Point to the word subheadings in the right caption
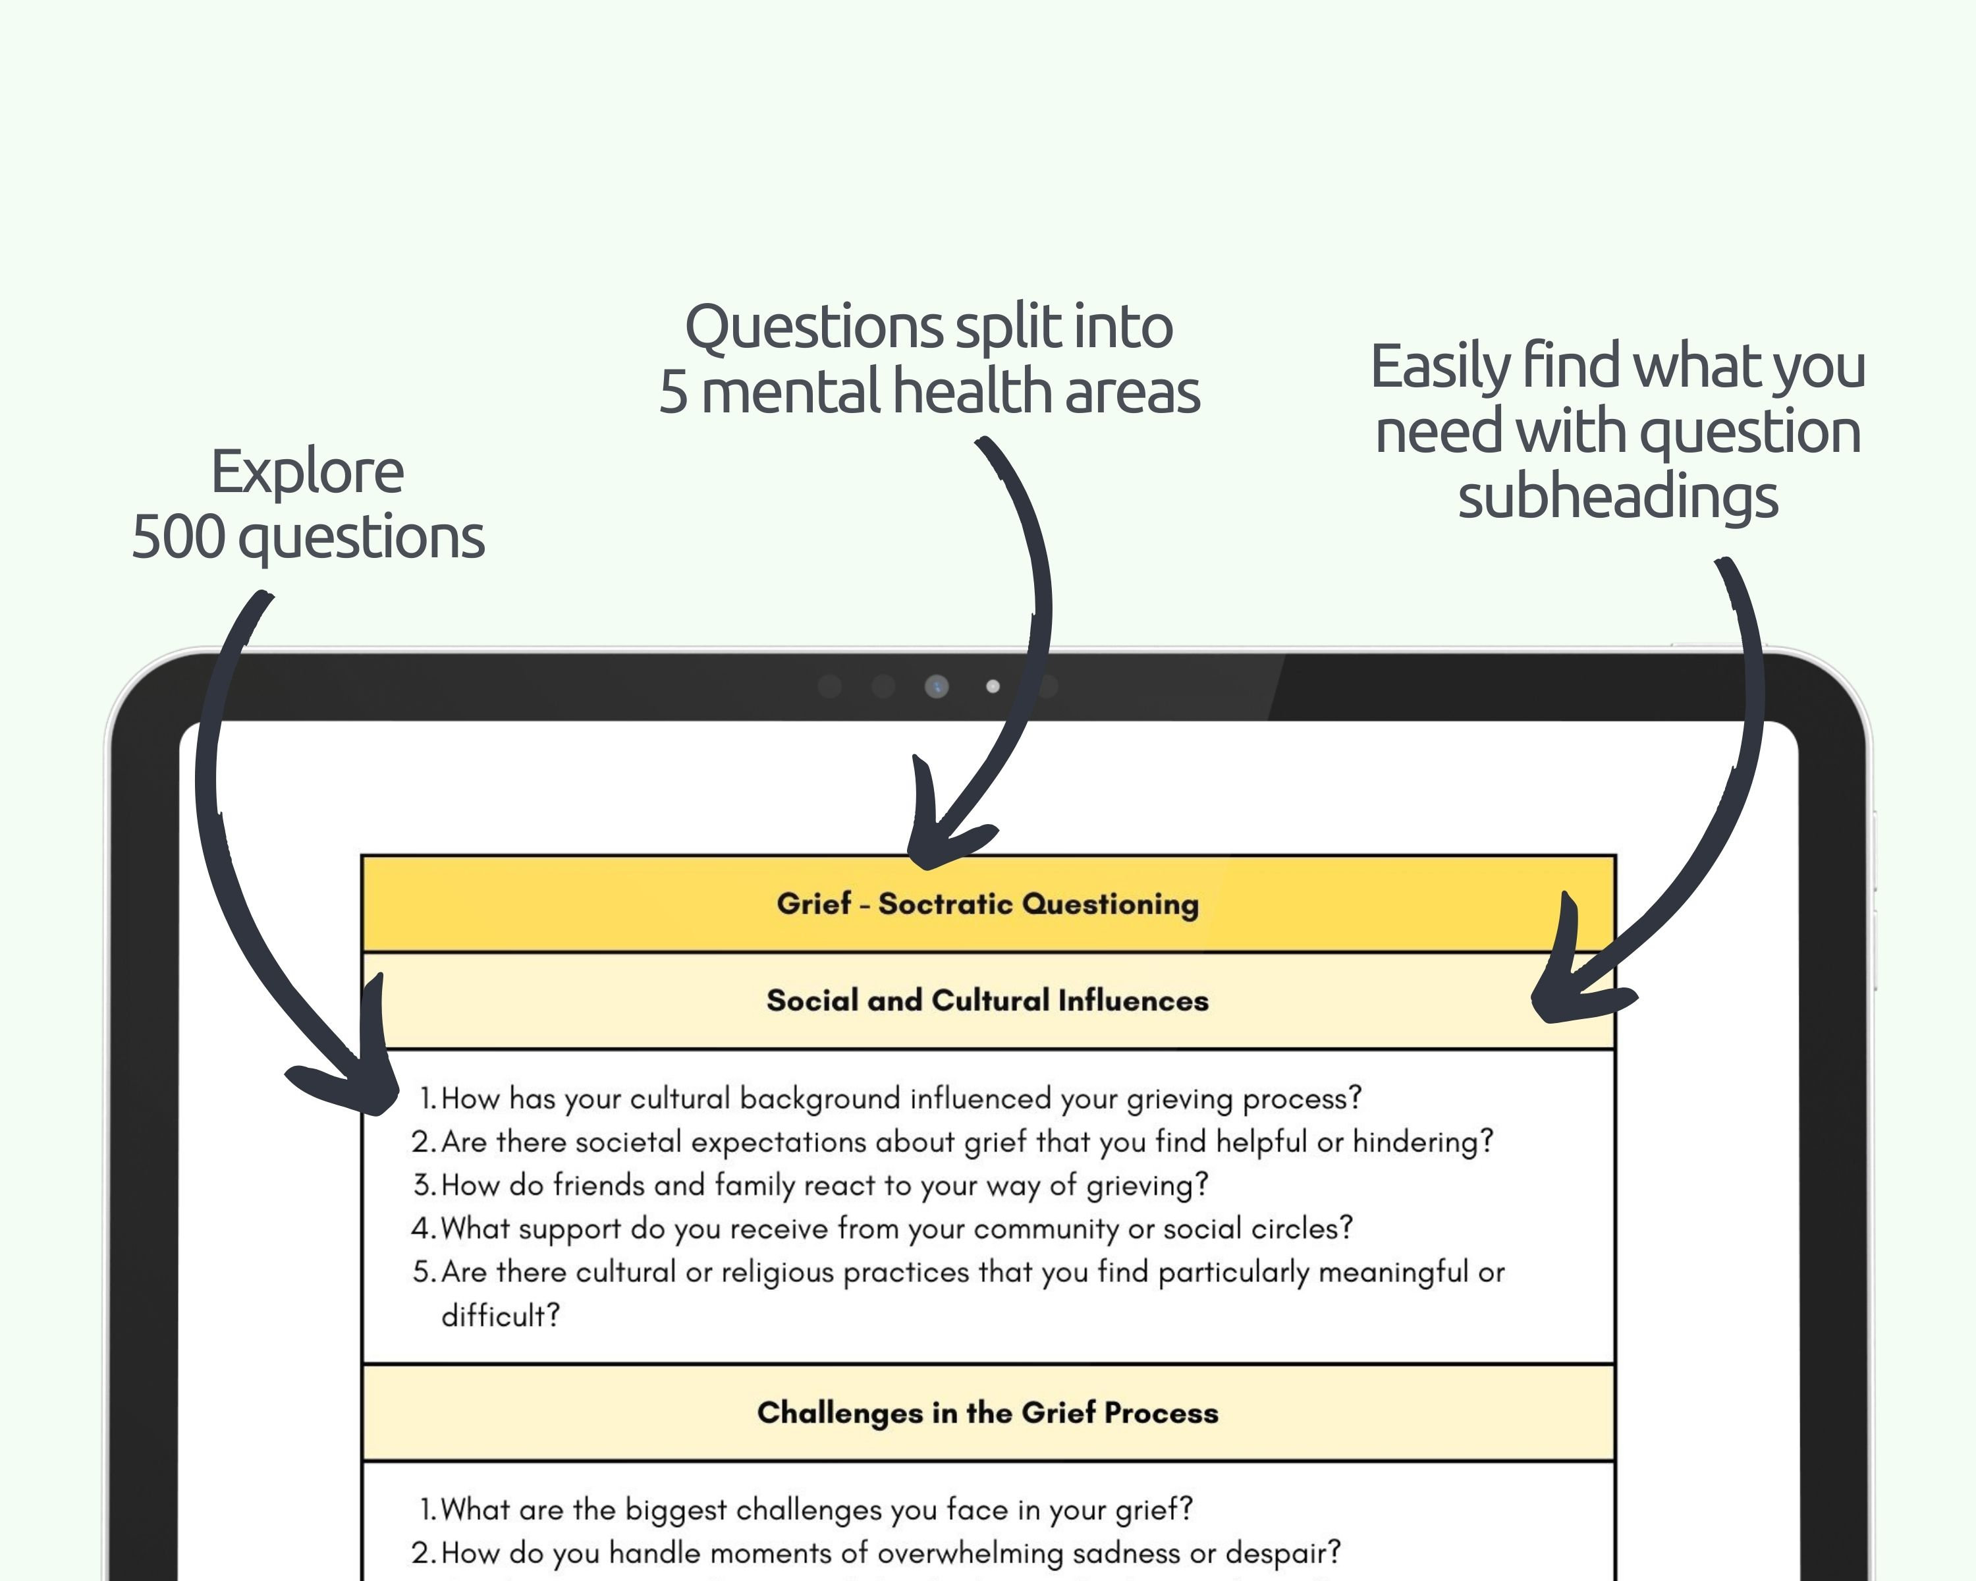click(1618, 497)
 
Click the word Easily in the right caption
click(1439, 367)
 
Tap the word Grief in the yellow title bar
click(814, 904)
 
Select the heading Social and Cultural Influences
click(987, 1000)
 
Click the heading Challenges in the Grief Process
click(987, 1412)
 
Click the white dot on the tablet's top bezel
click(993, 686)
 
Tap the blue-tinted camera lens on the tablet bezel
click(937, 686)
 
